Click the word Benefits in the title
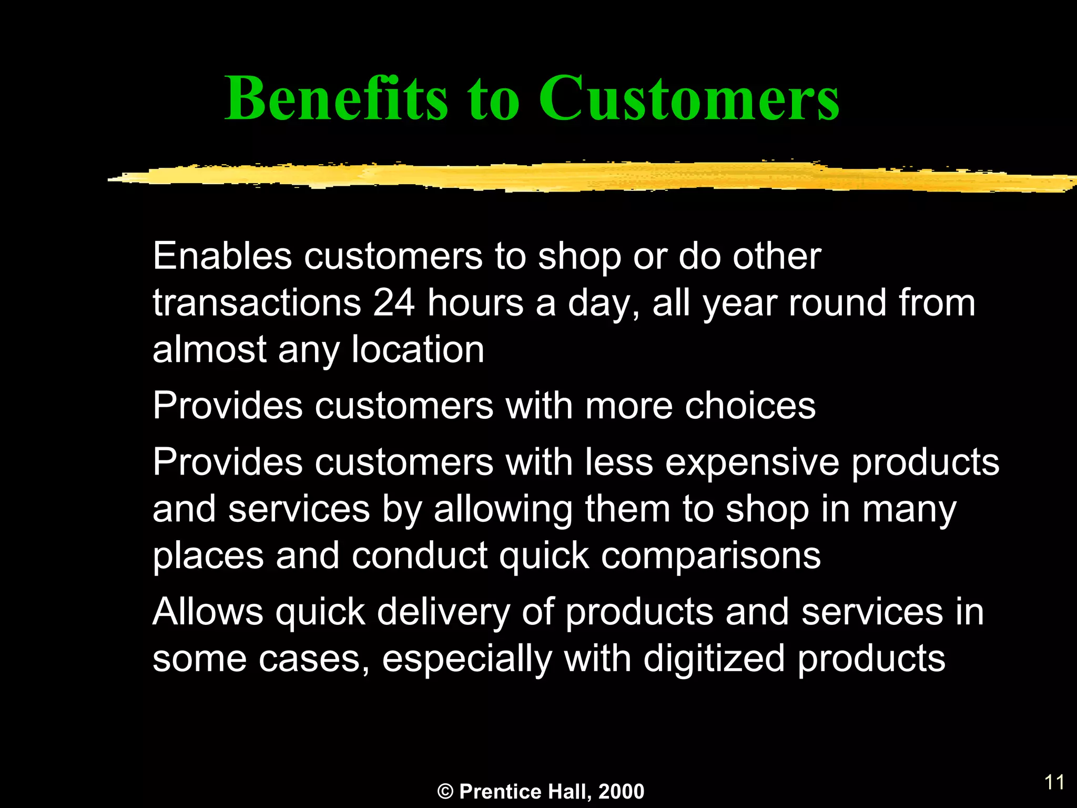tap(337, 99)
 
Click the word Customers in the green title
tap(689, 99)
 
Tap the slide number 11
tap(1054, 782)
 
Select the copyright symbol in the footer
tap(445, 792)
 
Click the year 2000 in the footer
tap(621, 792)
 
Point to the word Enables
tap(222, 256)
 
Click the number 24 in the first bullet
tap(394, 304)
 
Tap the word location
tap(418, 350)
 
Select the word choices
tap(750, 406)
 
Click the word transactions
tap(257, 304)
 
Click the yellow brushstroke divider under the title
tap(578, 177)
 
